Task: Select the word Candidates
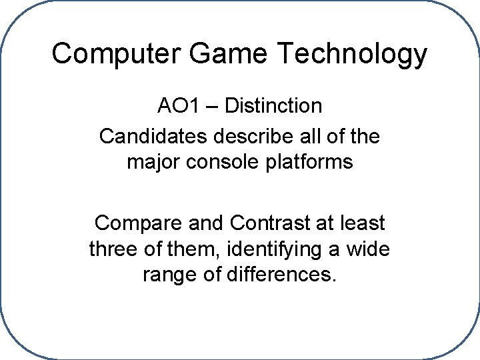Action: click(x=153, y=137)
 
